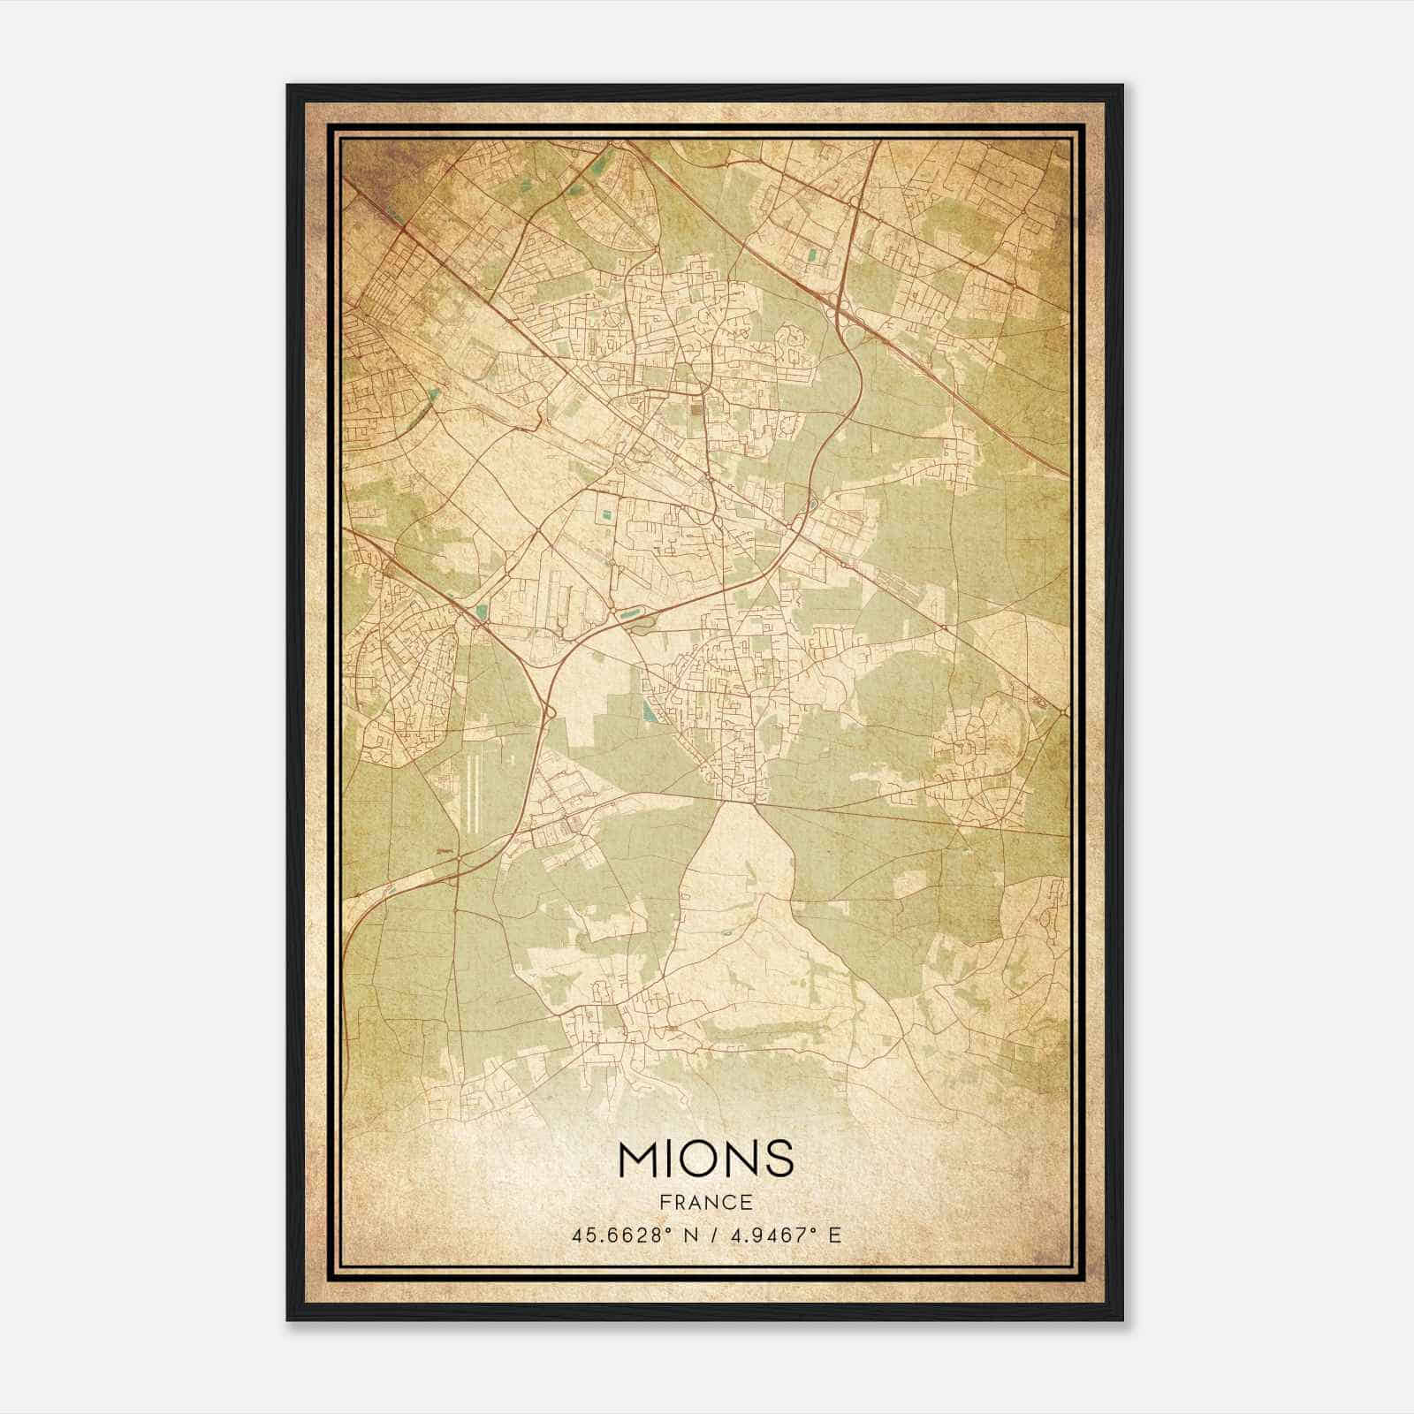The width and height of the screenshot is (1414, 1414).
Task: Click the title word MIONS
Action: coord(706,1158)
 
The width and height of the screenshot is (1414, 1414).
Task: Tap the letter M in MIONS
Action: coord(639,1158)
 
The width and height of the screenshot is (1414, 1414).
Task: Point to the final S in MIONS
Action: coord(780,1158)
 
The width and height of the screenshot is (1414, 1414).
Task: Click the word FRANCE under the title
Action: coord(706,1202)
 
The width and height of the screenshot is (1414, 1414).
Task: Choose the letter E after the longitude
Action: coord(834,1235)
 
